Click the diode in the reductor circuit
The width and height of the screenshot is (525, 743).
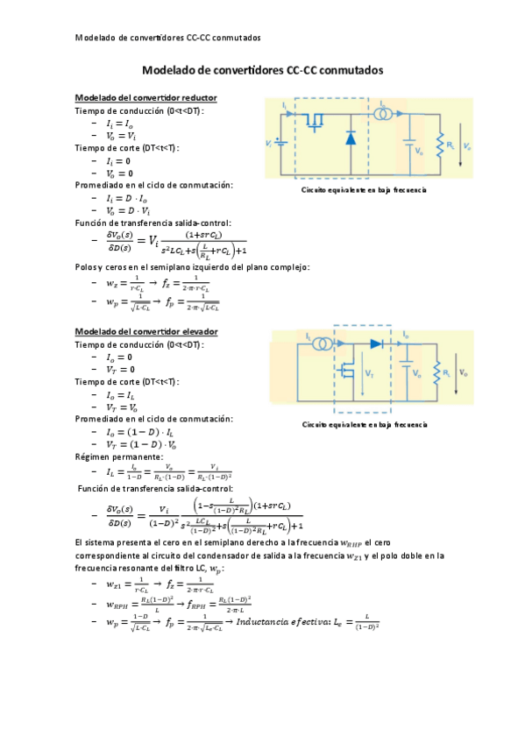click(x=350, y=138)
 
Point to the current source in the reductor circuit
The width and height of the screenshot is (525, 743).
click(x=386, y=115)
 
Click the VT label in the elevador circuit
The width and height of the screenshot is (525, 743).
click(x=369, y=373)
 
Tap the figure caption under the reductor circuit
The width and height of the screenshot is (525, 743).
click(x=364, y=189)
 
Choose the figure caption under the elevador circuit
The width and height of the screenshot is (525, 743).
click(x=364, y=424)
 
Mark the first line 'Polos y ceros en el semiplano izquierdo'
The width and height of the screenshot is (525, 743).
click(x=192, y=267)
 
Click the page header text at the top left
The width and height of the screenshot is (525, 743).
click(x=167, y=38)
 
